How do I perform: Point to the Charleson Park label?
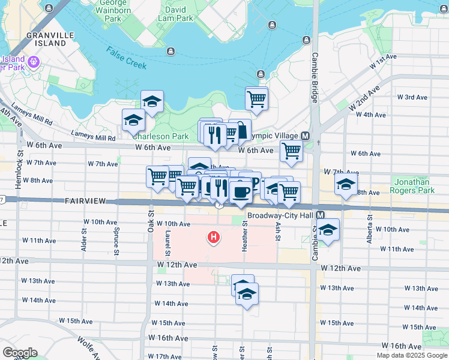pos(160,136)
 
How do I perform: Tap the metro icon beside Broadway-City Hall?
pos(321,215)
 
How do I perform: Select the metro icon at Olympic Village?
pos(306,136)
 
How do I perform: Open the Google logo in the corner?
pos(20,352)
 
